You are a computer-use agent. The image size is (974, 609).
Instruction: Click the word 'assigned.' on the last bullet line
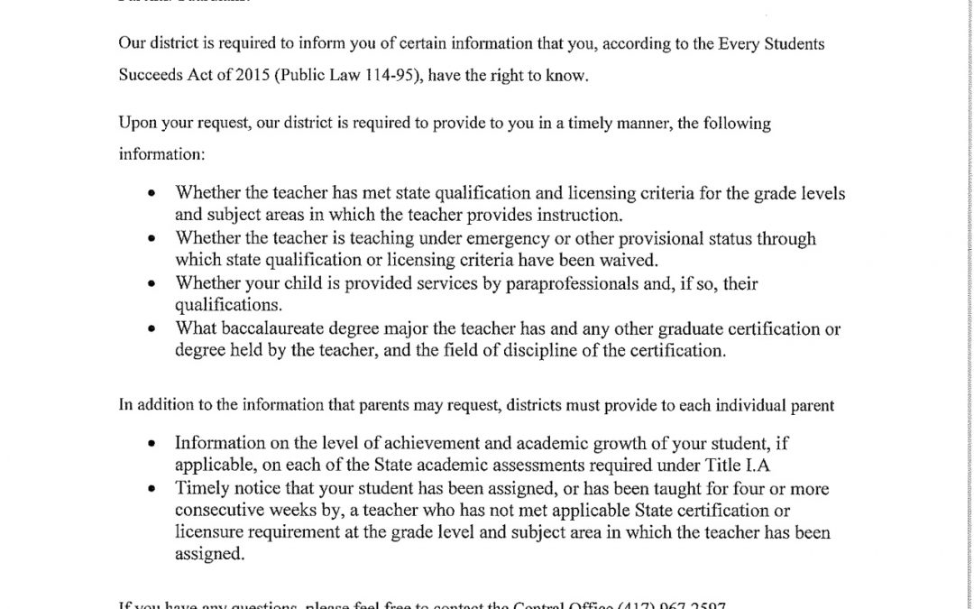(x=209, y=555)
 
